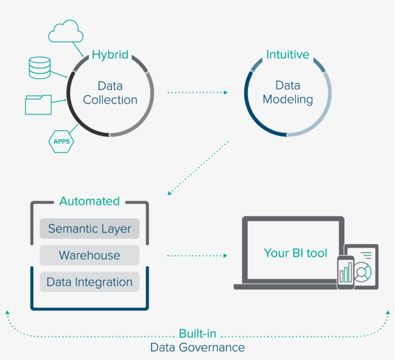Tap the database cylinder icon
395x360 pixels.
[39, 68]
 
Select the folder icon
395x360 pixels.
[38, 104]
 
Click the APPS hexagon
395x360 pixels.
[61, 142]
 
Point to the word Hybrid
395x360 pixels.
[110, 54]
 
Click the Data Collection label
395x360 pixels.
[110, 93]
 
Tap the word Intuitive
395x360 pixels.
[288, 54]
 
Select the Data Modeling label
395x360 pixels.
[288, 93]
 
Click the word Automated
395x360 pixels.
[90, 201]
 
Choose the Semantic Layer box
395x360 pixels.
[90, 228]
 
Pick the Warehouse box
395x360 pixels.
[90, 255]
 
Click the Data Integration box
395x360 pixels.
[90, 282]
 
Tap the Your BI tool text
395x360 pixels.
[295, 253]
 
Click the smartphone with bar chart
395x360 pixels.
[345, 272]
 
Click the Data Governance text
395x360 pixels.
[197, 347]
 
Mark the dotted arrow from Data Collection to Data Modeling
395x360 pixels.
[197, 92]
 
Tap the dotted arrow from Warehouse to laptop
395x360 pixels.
[197, 255]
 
